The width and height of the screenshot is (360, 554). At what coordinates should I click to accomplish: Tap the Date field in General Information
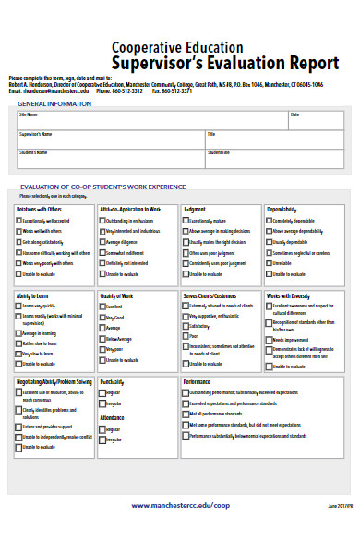tap(314, 119)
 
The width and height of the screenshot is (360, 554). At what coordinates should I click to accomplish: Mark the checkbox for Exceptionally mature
tap(186, 222)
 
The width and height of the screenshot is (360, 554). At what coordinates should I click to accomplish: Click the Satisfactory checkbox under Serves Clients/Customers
tap(186, 326)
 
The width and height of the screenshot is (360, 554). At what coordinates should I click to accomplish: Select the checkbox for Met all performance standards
tap(186, 414)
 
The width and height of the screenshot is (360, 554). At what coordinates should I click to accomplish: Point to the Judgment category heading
tap(195, 210)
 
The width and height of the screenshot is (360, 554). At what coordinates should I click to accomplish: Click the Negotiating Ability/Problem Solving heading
tap(54, 380)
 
